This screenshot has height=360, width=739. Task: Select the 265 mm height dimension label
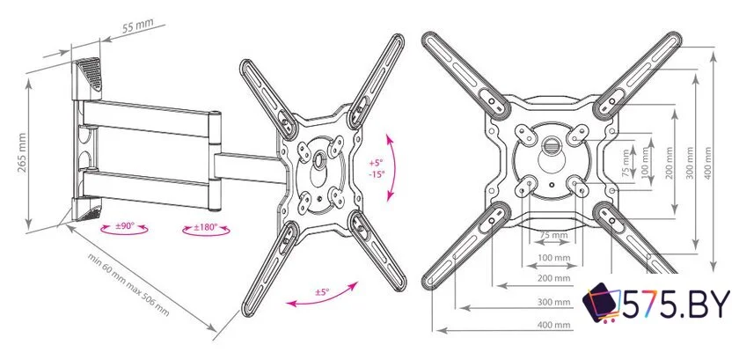[x=22, y=153]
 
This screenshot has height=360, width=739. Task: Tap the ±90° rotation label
[x=125, y=226]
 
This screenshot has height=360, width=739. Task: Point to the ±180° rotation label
[x=206, y=227]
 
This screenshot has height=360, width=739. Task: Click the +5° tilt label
[x=377, y=163]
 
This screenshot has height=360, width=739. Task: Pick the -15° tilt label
[x=377, y=173]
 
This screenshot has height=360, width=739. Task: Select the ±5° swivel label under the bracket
[x=322, y=292]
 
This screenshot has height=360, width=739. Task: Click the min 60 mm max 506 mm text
[x=128, y=284]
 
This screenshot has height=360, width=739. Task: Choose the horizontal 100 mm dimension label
[x=553, y=258]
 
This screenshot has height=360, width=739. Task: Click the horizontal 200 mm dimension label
[x=553, y=278]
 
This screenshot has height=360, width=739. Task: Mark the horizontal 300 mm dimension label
[x=553, y=302]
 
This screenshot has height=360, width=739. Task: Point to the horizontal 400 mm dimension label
[x=553, y=325]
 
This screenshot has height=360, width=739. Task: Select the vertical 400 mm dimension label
[x=707, y=163]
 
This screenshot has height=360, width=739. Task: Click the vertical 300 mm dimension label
[x=690, y=163]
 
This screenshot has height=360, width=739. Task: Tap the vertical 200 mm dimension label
[x=669, y=163]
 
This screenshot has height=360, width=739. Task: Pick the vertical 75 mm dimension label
[x=626, y=163]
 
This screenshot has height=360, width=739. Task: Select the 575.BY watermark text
[x=677, y=304]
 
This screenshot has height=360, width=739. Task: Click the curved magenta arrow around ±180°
[x=206, y=233]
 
